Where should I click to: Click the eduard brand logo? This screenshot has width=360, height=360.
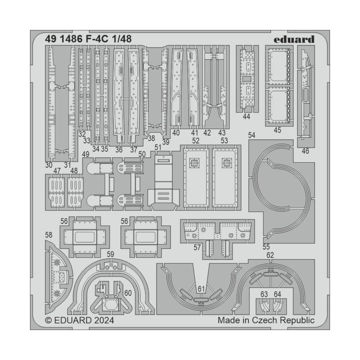(294, 39)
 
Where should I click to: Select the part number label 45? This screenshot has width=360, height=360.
(277, 130)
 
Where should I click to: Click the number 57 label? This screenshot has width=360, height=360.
(197, 248)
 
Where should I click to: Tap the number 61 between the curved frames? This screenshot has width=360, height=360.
(201, 289)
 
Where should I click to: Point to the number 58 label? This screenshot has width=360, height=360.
(49, 235)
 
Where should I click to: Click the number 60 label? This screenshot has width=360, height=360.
(128, 292)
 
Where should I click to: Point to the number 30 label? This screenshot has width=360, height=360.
(49, 165)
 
